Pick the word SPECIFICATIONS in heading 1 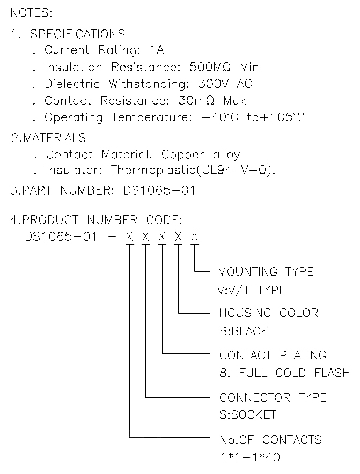(x=77, y=34)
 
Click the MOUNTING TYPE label (x=266, y=271)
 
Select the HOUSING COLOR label (x=268, y=313)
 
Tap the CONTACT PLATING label (x=273, y=355)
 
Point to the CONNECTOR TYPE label (x=273, y=397)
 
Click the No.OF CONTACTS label (x=270, y=440)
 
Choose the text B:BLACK (x=243, y=331)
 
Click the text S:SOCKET (x=247, y=415)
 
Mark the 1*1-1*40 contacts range (x=249, y=457)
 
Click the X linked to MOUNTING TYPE (x=195, y=236)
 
